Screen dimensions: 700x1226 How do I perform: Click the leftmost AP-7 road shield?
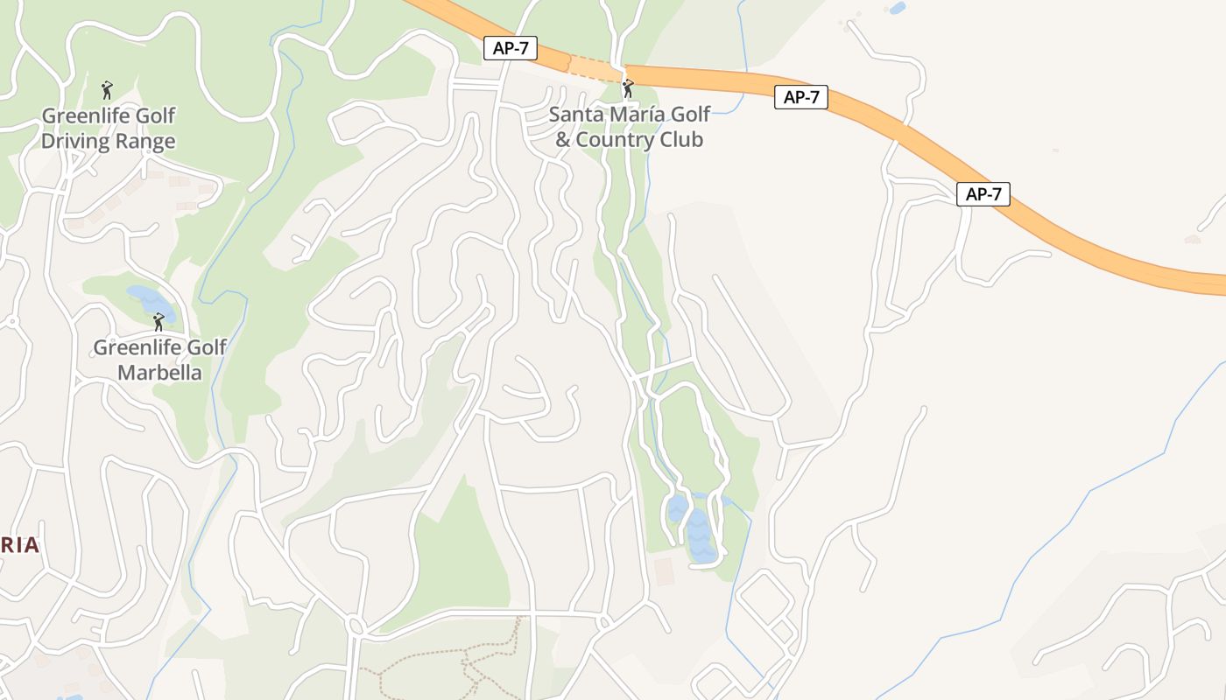[x=511, y=48]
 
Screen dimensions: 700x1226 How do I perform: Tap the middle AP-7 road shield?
[x=801, y=97]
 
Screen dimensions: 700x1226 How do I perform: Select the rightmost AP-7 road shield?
[x=983, y=194]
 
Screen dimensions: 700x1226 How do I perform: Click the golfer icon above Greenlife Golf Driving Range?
[x=107, y=89]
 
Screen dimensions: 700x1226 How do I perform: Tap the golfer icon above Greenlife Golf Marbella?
[x=159, y=322]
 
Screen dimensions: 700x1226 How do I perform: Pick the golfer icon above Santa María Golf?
[x=627, y=88]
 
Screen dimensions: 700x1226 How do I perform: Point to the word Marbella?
[x=159, y=373]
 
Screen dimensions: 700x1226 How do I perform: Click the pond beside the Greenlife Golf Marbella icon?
[x=145, y=297]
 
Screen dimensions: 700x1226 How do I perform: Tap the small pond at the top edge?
[x=897, y=9]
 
